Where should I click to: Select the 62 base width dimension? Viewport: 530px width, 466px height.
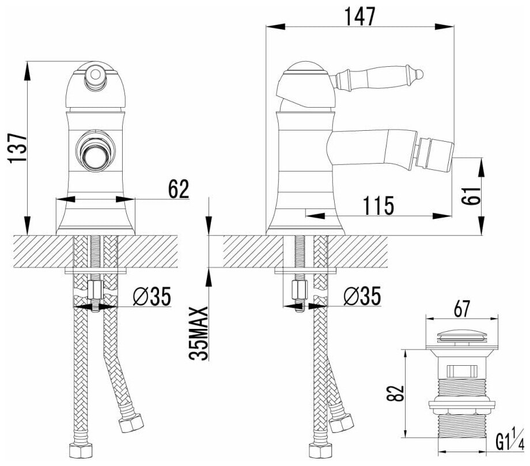click(177, 189)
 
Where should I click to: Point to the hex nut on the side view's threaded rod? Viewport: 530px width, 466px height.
click(300, 290)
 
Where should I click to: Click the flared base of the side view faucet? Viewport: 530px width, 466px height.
click(305, 222)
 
